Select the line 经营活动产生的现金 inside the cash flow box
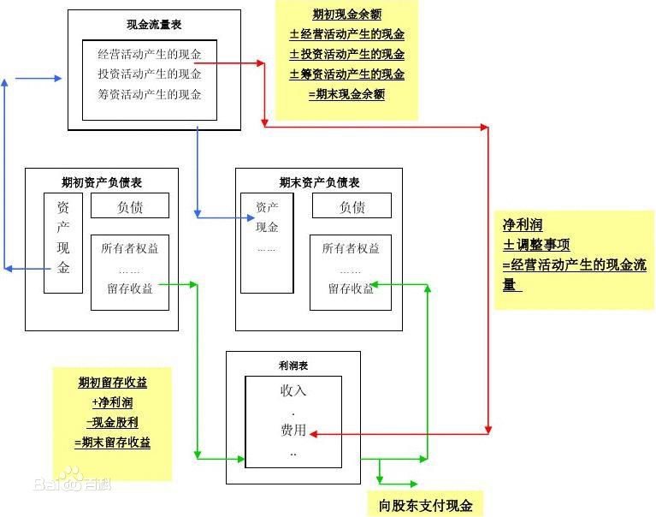[150, 55]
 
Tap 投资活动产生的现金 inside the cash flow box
[150, 74]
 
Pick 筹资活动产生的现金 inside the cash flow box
[150, 94]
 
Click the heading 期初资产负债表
[102, 182]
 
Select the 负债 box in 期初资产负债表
[129, 206]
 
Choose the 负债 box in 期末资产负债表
[352, 206]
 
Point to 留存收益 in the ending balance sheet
[351, 288]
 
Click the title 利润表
[293, 365]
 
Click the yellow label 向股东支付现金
[425, 505]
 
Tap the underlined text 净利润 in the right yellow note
[523, 226]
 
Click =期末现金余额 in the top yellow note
[346, 94]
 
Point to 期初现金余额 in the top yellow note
[346, 15]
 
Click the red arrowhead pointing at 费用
[313, 434]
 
